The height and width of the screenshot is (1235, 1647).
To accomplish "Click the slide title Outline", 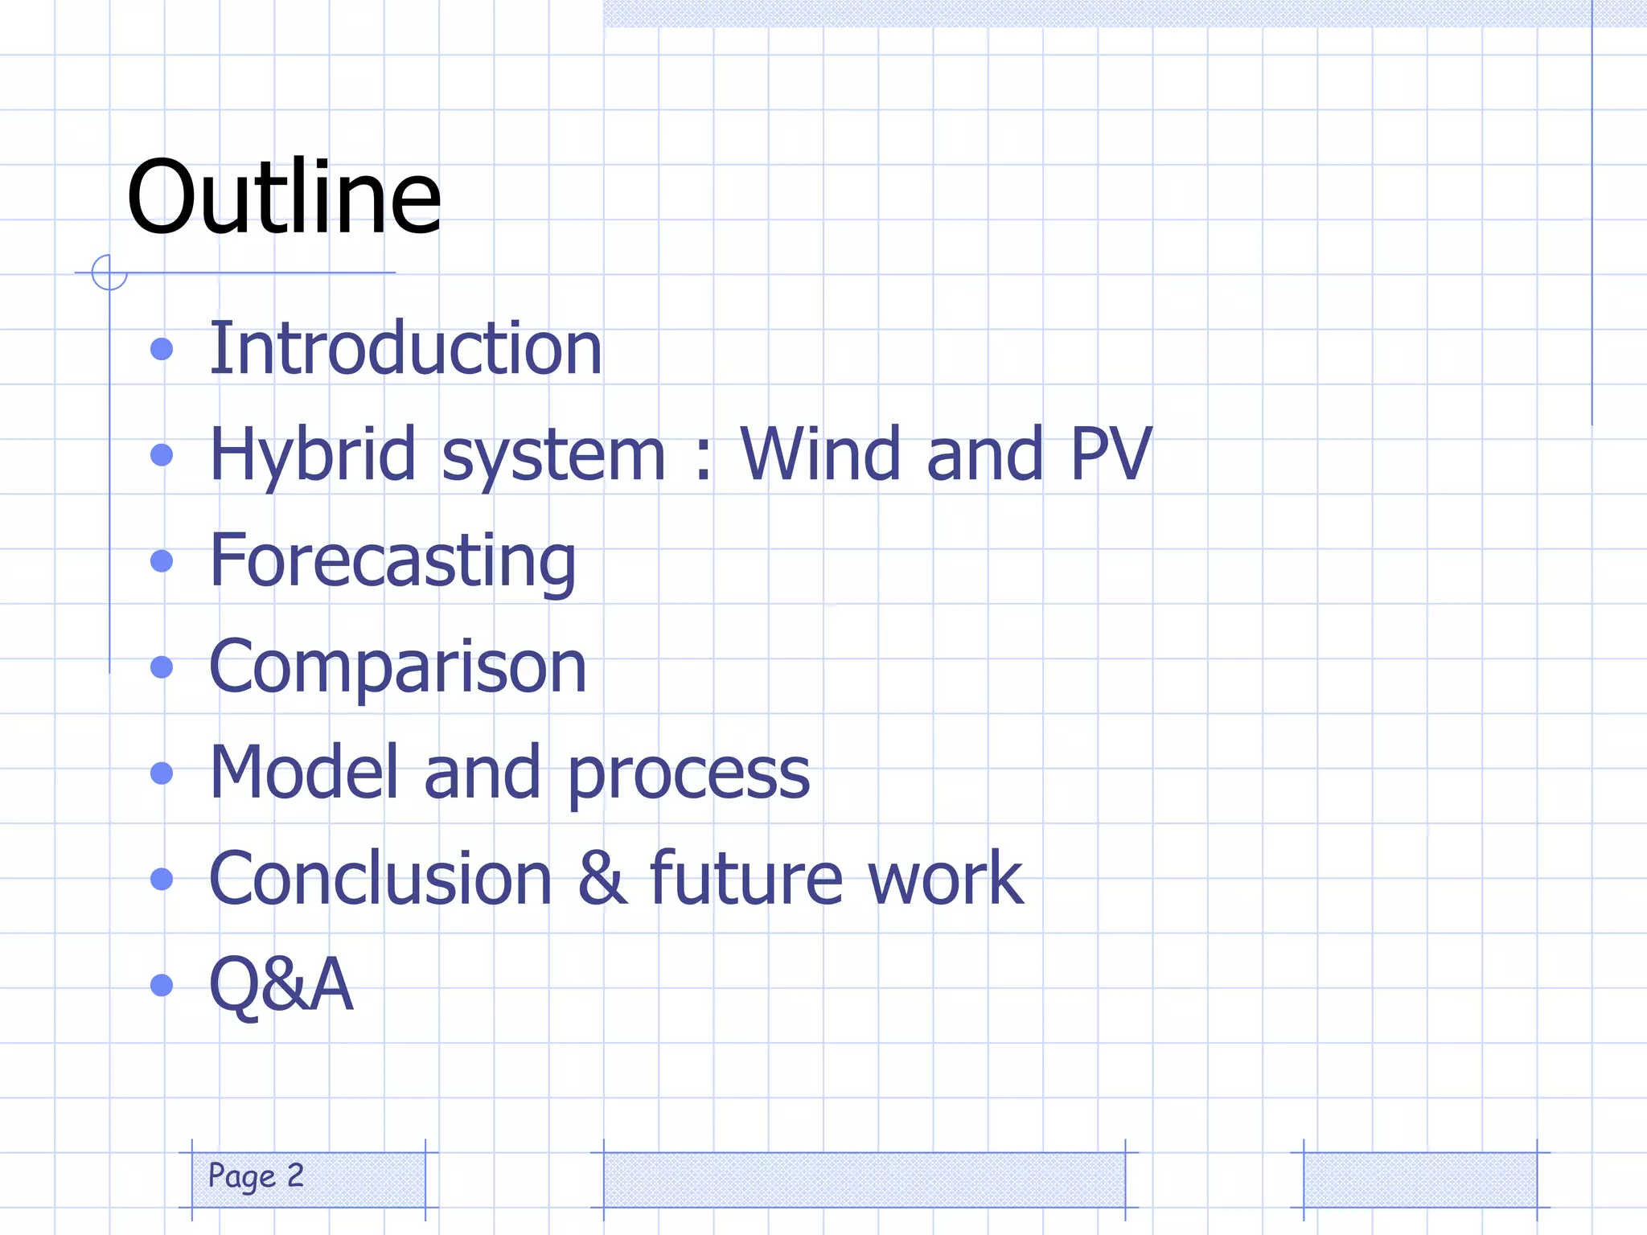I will (x=284, y=198).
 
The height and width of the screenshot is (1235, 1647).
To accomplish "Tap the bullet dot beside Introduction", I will (x=162, y=349).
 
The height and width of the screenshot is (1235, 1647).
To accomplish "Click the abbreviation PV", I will (x=1111, y=454).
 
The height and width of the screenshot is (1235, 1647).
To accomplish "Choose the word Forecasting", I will (x=392, y=562).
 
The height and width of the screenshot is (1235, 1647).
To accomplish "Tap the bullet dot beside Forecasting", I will (x=162, y=561).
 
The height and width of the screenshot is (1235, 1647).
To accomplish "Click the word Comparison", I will (x=397, y=667).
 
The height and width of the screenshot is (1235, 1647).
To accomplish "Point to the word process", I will (x=688, y=775).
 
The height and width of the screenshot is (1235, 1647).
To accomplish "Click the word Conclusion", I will (x=380, y=878).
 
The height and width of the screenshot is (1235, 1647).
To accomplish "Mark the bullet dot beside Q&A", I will (x=162, y=985).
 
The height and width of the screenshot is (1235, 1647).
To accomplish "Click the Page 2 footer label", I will (x=256, y=1176).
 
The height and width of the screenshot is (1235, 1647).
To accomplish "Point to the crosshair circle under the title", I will (x=109, y=273).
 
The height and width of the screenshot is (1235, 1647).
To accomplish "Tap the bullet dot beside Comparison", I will (x=162, y=667).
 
